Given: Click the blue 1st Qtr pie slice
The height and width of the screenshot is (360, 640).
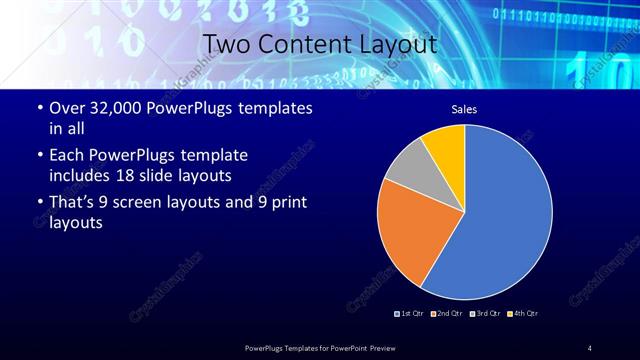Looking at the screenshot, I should (x=505, y=220).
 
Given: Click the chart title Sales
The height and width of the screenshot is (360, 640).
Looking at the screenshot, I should (x=464, y=109).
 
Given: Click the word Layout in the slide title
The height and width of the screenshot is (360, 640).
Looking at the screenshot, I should (x=392, y=44).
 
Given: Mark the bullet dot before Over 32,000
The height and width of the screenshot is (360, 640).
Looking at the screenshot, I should (x=39, y=107).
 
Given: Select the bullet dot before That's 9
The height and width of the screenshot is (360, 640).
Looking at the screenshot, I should (x=39, y=203).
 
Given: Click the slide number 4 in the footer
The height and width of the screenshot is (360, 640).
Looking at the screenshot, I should (x=589, y=347).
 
